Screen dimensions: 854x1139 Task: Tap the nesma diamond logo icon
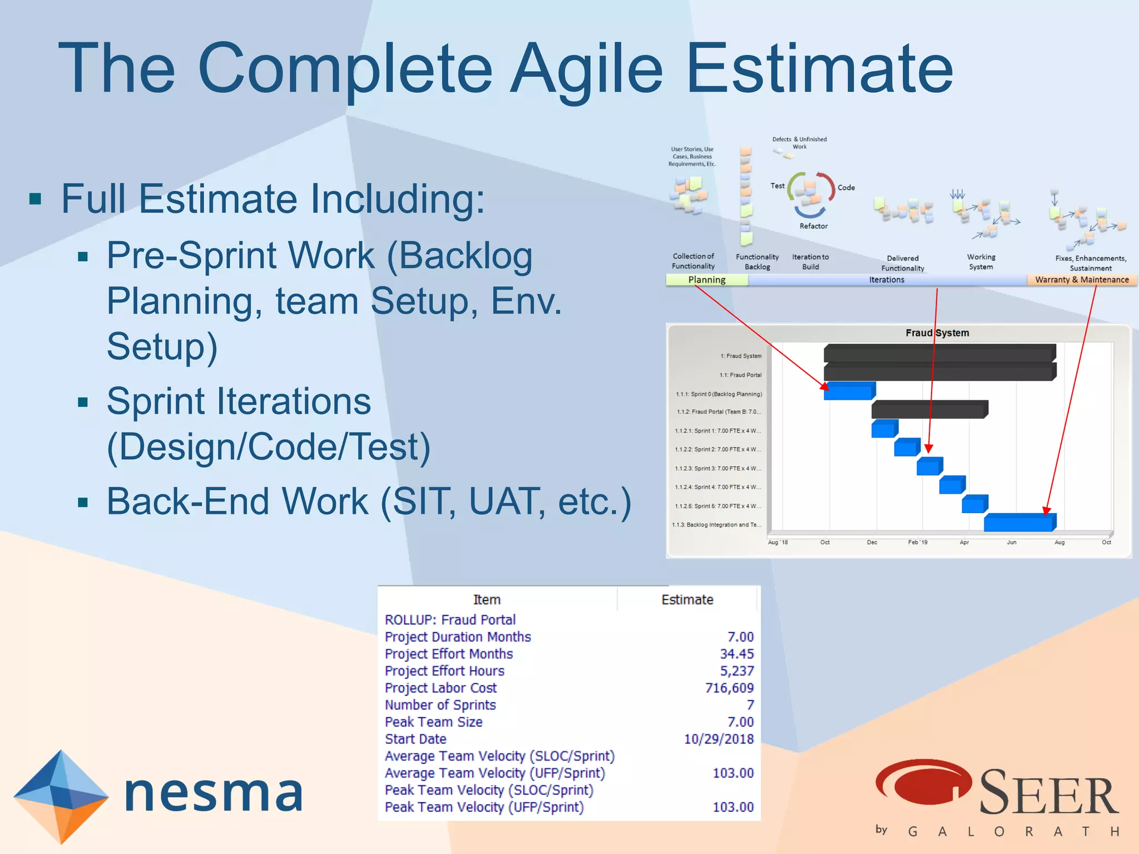[x=60, y=796]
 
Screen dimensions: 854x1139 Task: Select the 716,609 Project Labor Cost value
[x=729, y=688]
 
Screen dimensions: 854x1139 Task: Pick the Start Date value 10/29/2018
[x=719, y=739]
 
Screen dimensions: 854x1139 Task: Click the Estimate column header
[x=687, y=600]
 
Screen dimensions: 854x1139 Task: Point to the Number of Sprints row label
[x=440, y=705]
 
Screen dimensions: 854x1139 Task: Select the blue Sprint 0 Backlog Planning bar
[x=848, y=392]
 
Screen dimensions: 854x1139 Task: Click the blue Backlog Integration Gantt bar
[x=1019, y=523]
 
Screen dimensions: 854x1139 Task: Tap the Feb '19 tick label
[x=918, y=543]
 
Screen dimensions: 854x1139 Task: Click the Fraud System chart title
[x=937, y=333]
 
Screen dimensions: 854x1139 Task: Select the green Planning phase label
[x=707, y=280]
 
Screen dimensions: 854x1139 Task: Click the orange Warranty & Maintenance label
[x=1081, y=280]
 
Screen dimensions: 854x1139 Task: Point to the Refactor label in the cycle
[x=813, y=226]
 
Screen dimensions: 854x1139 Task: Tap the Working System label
[x=981, y=262]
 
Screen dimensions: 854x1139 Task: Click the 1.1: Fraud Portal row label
[x=740, y=375]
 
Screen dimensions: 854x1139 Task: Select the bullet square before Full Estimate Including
[x=36, y=199]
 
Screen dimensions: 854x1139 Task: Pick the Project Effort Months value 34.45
[x=736, y=654]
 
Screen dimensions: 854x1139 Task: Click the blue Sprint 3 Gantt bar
[x=928, y=467]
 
